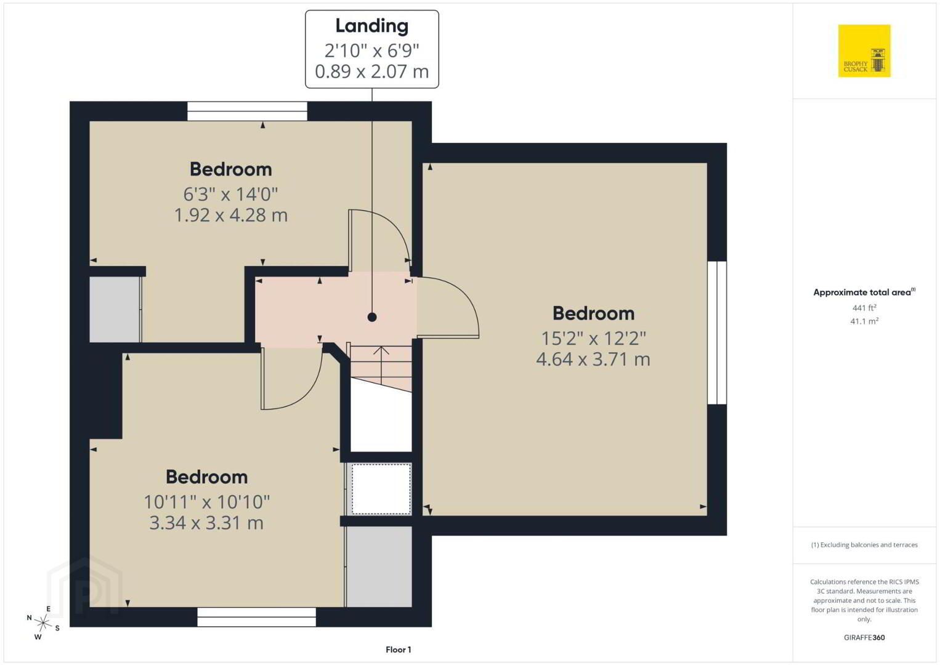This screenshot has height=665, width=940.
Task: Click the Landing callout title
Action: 372,26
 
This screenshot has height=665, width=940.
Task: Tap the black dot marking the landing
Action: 372,317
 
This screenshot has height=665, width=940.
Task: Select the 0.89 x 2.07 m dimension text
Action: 372,71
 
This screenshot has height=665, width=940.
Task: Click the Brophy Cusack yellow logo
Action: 864,50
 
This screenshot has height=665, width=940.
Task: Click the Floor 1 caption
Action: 399,650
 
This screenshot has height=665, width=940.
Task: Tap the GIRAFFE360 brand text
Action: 864,637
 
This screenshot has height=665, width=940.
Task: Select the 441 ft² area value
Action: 864,307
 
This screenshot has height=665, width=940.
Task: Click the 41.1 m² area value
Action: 864,321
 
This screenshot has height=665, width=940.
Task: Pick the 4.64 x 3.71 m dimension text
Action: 593,359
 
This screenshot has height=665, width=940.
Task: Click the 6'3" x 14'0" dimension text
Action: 231,194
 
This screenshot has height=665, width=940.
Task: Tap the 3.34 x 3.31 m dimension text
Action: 206,523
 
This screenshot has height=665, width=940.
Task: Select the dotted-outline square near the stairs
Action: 381,488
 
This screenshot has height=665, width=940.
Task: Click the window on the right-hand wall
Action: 717,332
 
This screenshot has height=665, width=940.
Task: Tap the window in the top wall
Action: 247,111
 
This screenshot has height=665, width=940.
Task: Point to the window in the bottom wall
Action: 256,617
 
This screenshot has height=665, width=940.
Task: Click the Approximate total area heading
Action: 864,292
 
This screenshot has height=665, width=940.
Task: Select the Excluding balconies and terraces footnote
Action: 864,545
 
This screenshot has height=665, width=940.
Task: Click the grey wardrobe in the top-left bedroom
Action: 115,309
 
